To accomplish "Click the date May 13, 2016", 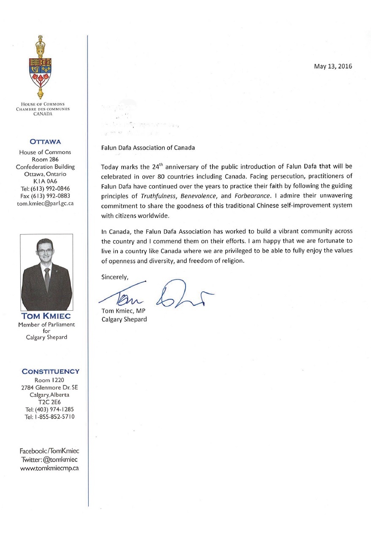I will pos(333,66).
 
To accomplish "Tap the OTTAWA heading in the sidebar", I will pos(45,141).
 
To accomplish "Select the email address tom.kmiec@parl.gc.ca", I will pos(45,203).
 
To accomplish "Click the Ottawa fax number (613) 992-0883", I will pos(45,196).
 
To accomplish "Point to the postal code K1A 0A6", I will pos(45,181).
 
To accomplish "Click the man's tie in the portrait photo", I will pos(47,279).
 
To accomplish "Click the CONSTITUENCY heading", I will pos(50,372).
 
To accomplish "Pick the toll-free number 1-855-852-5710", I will pos(50,417).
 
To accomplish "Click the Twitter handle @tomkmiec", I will pos(49,459).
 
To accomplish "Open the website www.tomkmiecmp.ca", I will pos(49,468).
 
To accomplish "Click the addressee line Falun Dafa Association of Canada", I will pos(148,148).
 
